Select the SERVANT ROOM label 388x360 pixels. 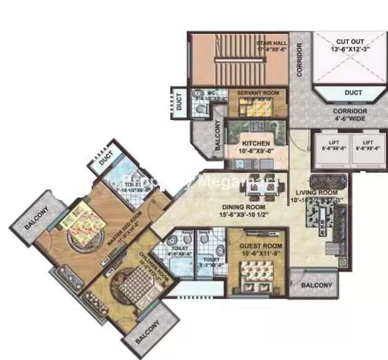pos(258,93)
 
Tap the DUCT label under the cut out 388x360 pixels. pos(353,92)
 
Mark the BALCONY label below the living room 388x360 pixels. pos(316,286)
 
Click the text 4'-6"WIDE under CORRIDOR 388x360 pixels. pos(349,120)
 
